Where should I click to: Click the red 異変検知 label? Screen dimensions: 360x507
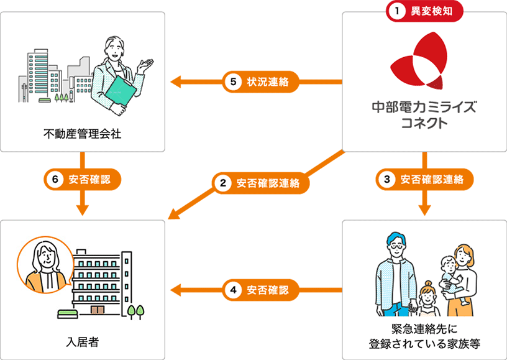[x=425, y=11]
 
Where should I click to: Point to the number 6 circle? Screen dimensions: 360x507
[x=55, y=180]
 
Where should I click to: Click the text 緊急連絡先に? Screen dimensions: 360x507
[x=424, y=328]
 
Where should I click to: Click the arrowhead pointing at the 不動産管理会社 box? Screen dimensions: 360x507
[x=176, y=81]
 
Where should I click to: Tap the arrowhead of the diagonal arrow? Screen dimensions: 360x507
[x=173, y=216]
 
